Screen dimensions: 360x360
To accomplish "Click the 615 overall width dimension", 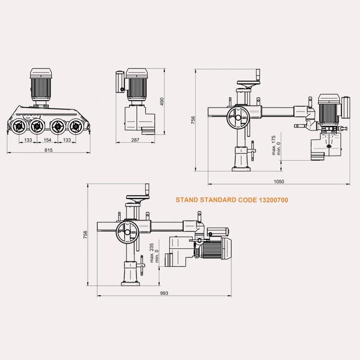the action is point(49,150).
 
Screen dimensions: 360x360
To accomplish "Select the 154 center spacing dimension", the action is point(47,140).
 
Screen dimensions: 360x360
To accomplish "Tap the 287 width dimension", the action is point(135,140).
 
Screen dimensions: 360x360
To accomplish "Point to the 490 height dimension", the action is point(162,102).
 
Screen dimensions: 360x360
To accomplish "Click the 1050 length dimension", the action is point(279,182).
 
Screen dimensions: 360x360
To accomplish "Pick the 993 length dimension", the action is point(164,293).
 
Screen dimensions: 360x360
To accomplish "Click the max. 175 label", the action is point(274,145).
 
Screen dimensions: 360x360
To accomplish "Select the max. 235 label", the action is point(152,253).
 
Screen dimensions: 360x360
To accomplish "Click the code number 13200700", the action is point(274,200).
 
